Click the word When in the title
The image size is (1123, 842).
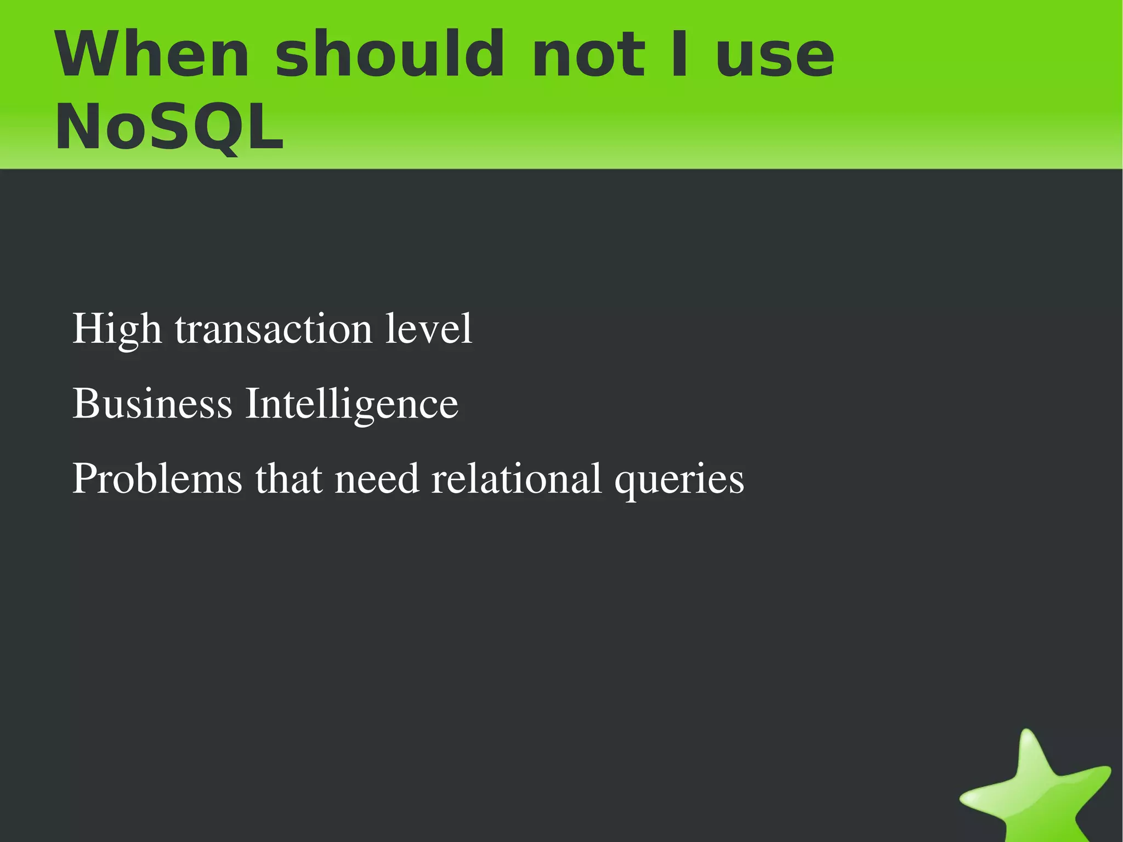[152, 55]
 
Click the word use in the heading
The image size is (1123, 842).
[775, 57]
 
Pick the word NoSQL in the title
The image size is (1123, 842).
[169, 127]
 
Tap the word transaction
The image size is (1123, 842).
[273, 329]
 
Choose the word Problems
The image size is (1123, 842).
[157, 478]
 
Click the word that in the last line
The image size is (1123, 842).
[288, 478]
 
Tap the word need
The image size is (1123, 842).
[377, 478]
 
